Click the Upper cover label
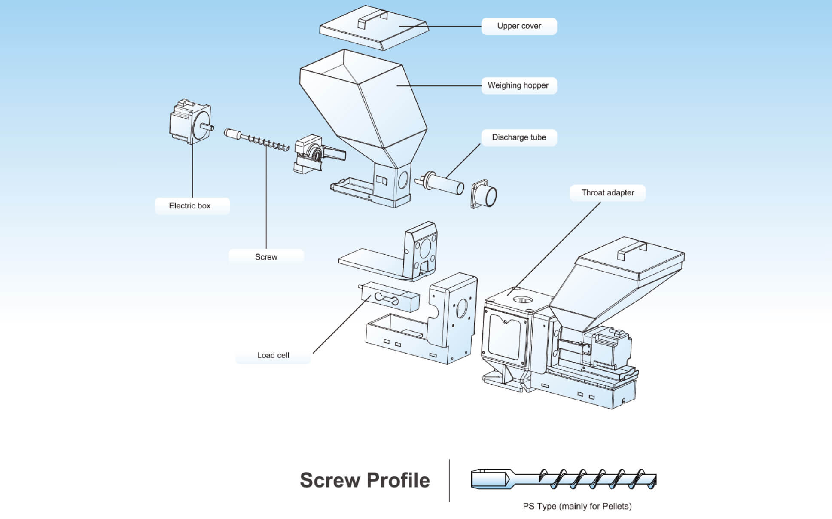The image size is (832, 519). pos(519,26)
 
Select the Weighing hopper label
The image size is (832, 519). pos(518,85)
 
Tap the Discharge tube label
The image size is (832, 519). pos(519,137)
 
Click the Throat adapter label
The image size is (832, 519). pos(607,193)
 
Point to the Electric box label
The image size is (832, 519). pos(190,206)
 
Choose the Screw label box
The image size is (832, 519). pos(266,257)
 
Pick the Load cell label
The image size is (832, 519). pos(273,355)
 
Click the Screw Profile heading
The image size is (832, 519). pos(365,480)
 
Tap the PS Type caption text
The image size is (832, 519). pos(577,506)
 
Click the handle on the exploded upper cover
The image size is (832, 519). pos(372,19)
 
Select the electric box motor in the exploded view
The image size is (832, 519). pos(189,122)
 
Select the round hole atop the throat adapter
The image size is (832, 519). pos(522,299)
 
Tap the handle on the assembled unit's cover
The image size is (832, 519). pos(632,250)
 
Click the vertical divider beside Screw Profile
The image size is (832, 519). pos(449,480)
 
